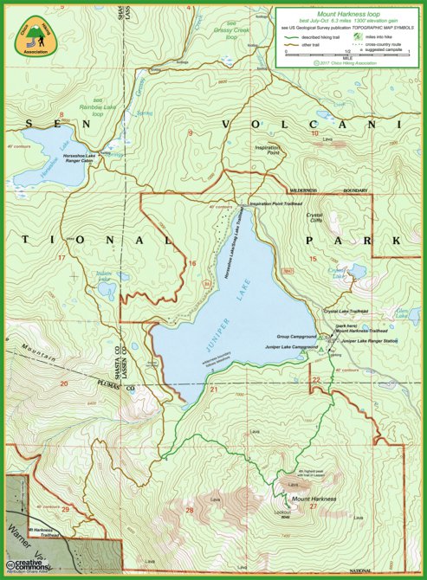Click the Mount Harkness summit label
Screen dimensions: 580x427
[313, 499]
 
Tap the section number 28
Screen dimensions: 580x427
[190, 510]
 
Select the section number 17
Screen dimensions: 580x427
[61, 257]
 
